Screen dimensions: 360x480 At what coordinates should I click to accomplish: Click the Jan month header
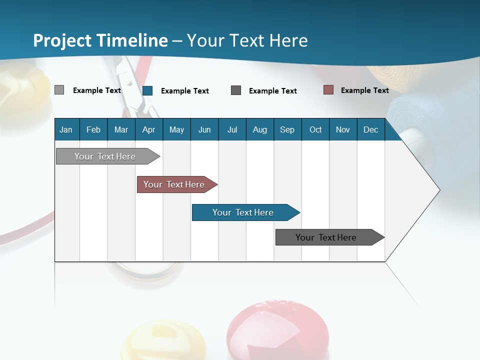click(x=66, y=129)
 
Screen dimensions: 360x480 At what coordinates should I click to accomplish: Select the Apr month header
click(x=148, y=129)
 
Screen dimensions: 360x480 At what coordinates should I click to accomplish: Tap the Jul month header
click(x=232, y=129)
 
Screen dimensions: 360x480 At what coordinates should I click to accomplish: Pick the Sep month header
click(x=287, y=129)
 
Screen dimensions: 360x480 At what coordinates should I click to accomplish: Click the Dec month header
click(x=370, y=129)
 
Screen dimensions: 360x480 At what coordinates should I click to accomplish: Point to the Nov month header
click(x=342, y=129)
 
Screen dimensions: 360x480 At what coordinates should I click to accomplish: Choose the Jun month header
click(x=204, y=129)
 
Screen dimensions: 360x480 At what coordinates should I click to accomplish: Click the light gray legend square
click(x=59, y=90)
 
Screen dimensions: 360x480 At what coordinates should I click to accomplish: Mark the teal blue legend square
click(x=147, y=90)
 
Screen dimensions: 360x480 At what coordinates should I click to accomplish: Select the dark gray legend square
click(x=236, y=90)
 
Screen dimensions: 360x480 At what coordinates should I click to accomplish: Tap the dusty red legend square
click(x=328, y=90)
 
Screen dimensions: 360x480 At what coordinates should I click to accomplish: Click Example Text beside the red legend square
click(x=364, y=90)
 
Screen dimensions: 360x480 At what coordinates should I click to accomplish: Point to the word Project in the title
click(x=62, y=40)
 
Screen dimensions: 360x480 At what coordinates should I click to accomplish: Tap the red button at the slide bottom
click(x=277, y=330)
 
